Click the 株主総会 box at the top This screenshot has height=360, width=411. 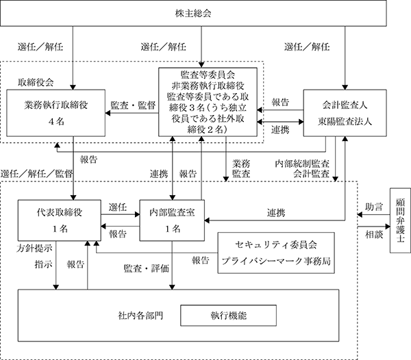coord(193,14)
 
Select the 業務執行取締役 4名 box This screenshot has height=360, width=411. coord(56,113)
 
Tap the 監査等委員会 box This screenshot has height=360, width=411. coord(208,102)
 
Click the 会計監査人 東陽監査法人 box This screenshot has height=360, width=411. coord(345,113)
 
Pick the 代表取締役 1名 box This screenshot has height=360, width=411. coord(60,220)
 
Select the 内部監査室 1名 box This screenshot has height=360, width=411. coord(172,220)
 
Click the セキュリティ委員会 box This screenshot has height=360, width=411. coord(276,253)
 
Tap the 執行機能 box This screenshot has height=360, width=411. coord(228,316)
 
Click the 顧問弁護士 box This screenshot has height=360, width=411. coord(400,220)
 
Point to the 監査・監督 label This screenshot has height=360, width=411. coord(133,105)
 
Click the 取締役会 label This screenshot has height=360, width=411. coord(36,83)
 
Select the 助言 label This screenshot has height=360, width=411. coord(374,207)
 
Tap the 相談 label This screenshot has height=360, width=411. coord(374,235)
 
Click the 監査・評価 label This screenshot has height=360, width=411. coord(147,268)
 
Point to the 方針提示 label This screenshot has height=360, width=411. coord(34,248)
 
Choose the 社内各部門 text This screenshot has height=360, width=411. coord(140,316)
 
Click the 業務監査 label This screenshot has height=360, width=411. coord(241,168)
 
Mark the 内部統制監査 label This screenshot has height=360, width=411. coord(302,164)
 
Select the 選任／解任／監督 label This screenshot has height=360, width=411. coord(37,174)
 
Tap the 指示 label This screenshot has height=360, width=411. coord(44,264)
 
